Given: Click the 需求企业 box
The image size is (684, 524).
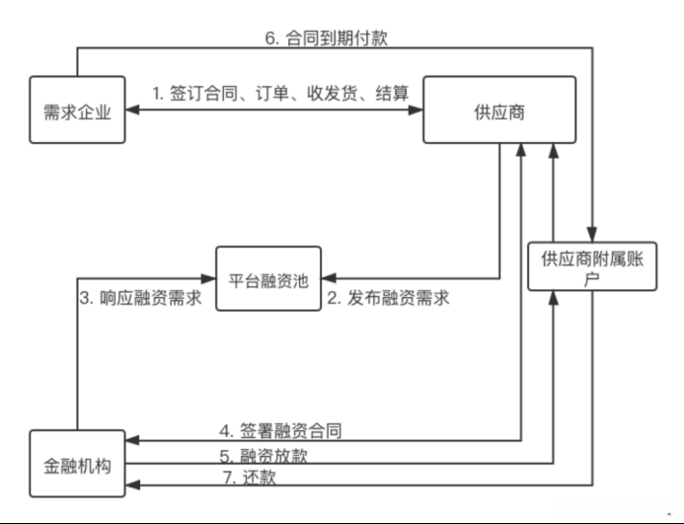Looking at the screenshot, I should coord(78,111).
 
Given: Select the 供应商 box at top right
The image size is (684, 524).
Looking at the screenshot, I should coord(498,111).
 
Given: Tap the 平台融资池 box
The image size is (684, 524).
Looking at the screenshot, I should coord(269,279).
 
